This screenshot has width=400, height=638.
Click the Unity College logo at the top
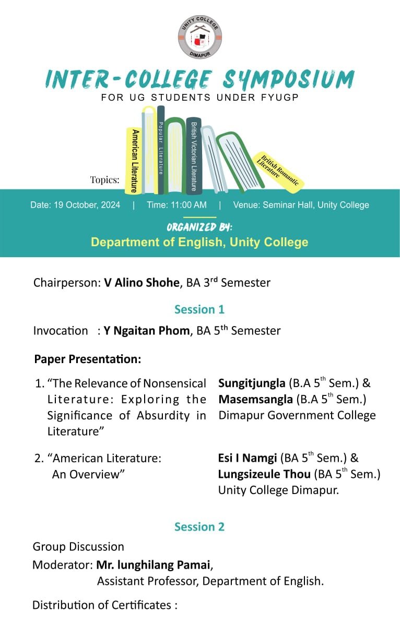coord(199,37)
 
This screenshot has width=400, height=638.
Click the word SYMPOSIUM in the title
coord(289,79)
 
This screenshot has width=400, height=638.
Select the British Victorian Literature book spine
coord(194,155)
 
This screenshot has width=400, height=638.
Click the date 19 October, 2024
coord(75,205)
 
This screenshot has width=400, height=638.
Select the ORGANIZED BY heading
coord(199,227)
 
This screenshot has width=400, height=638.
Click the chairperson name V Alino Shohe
coord(142,283)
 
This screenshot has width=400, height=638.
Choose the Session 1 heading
coord(199,309)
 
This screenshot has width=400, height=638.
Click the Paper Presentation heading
coord(87,359)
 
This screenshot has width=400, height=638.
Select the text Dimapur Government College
coord(297,415)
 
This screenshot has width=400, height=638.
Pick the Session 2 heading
coord(199,526)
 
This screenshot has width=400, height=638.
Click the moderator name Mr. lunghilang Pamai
coord(154,565)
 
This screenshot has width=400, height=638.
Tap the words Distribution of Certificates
coord(102,605)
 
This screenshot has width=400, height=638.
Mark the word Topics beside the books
coord(104,180)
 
